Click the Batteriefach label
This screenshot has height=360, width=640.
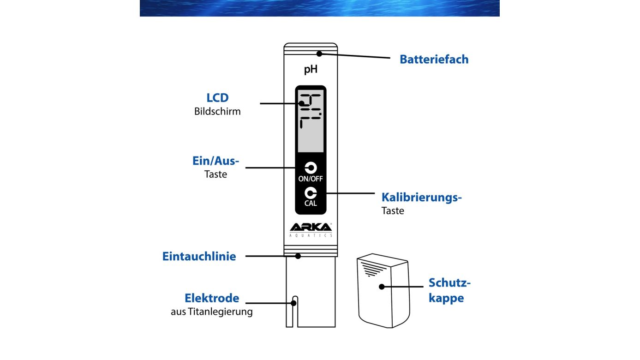434,60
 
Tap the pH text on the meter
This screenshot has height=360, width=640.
311,71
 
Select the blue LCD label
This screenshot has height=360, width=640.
217,98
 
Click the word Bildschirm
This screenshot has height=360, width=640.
217,111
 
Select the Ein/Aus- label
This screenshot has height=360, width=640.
216,161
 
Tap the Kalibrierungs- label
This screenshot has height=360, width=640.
421,198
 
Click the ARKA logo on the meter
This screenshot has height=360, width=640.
311,227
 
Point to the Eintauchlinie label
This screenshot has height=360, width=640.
199,257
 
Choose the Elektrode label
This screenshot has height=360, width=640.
212,298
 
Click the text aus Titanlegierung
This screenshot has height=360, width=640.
212,312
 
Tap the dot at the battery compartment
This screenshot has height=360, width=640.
319,54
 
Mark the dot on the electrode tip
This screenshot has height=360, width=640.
293,303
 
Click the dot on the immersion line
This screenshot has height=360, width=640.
298,256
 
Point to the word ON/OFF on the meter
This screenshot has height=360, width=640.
311,179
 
